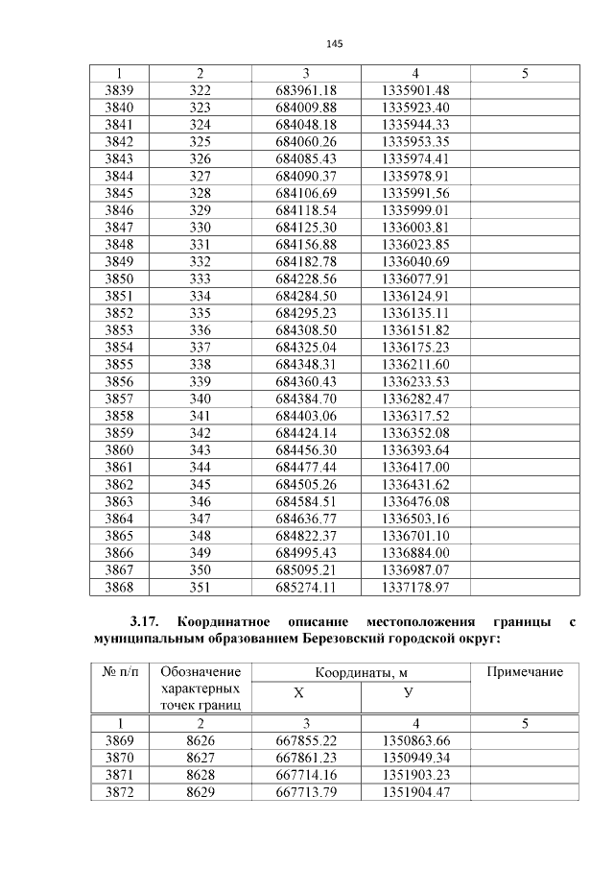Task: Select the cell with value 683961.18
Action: (305, 90)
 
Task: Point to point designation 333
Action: (200, 278)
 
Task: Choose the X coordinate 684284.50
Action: (305, 296)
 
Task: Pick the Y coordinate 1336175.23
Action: (414, 347)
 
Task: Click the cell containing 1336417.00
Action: (414, 467)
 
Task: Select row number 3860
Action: (119, 449)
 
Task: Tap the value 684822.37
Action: (305, 535)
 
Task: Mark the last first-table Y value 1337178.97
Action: (414, 587)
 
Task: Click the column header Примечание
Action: (525, 672)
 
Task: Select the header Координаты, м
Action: (360, 672)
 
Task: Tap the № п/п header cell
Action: (119, 672)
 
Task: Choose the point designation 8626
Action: (200, 741)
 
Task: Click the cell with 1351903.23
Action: (414, 775)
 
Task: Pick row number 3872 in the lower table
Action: (119, 792)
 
